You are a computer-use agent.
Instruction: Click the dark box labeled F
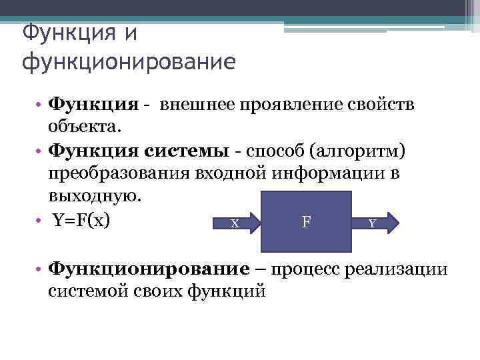305,220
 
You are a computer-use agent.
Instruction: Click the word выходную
95,197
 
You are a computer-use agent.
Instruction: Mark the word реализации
405,269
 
